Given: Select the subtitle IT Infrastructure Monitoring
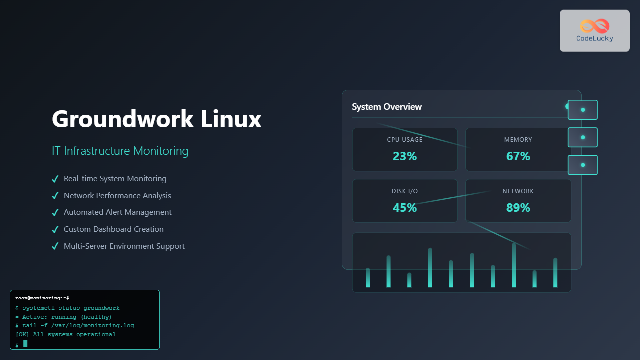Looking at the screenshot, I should [x=120, y=150].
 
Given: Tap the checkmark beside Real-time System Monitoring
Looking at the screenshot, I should [x=55, y=179].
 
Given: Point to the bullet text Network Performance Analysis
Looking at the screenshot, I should [x=117, y=196].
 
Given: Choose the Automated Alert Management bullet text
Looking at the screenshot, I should [x=117, y=212].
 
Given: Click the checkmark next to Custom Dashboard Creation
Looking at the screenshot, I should [x=55, y=229].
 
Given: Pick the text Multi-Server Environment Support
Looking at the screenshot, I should [x=124, y=246].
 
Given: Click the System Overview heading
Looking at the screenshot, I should [x=387, y=107].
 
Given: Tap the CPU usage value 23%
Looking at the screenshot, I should [x=405, y=156].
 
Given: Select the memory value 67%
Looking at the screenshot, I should [x=518, y=156].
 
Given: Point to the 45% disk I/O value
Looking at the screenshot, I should [x=405, y=208].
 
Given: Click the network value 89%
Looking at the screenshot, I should [x=518, y=208].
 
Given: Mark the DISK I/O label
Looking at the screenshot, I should [x=405, y=191].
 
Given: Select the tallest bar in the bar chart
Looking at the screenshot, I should [x=514, y=266].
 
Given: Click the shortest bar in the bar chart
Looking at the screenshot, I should [x=409, y=280].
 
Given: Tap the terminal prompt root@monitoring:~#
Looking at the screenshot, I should [x=42, y=298].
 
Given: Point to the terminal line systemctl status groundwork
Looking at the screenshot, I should [x=71, y=308].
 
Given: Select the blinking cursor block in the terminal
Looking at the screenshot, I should [x=25, y=344].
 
